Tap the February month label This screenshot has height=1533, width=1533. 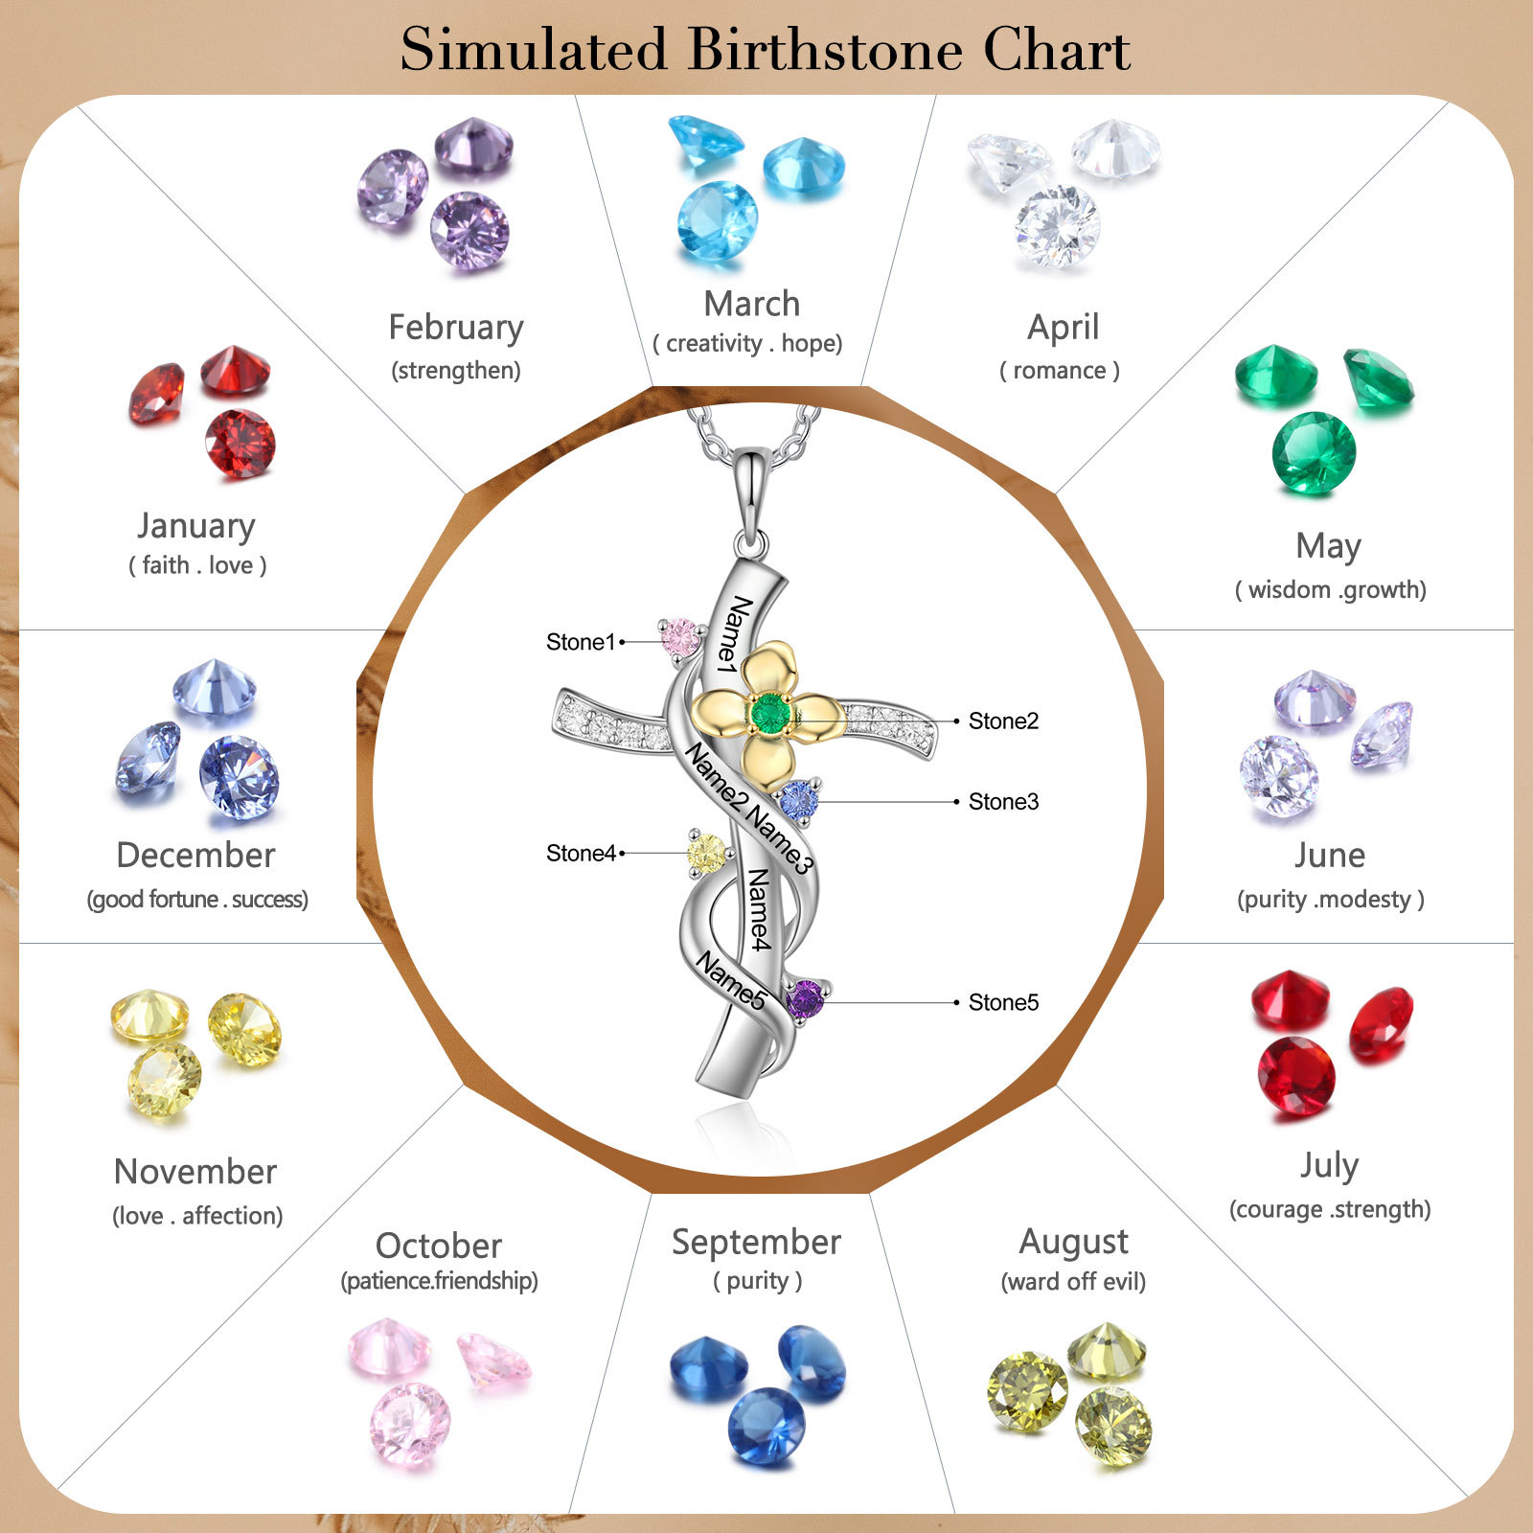(456, 328)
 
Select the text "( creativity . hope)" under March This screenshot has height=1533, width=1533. (747, 343)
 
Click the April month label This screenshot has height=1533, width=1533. (1063, 328)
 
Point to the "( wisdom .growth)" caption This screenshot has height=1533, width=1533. (1330, 589)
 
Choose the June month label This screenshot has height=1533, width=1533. (1330, 855)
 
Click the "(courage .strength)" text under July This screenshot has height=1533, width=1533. (1330, 1209)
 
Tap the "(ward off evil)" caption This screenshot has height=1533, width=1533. (1073, 1282)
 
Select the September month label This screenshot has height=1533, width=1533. (756, 1242)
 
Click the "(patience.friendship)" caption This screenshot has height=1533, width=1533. (440, 1281)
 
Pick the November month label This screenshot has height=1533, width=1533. (195, 1172)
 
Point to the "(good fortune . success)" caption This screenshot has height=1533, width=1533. (197, 900)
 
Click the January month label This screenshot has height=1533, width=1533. (196, 526)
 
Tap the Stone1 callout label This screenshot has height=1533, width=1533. (581, 642)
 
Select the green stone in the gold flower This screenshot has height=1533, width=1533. (769, 714)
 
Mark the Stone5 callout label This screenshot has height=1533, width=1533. (1003, 1002)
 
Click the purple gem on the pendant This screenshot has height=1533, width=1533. (805, 999)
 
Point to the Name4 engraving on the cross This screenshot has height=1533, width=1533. (759, 910)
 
